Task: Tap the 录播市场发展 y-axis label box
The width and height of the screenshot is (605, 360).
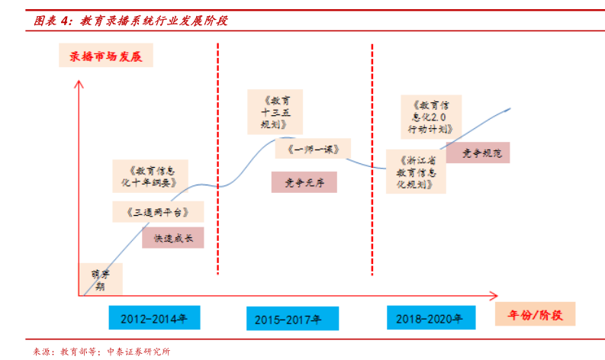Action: click(x=106, y=56)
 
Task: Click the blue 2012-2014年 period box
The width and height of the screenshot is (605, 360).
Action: click(x=153, y=317)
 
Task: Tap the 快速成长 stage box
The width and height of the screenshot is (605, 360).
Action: click(x=173, y=238)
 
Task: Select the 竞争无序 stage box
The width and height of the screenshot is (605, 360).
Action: click(x=304, y=182)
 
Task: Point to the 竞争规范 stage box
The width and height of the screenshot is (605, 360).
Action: click(x=478, y=153)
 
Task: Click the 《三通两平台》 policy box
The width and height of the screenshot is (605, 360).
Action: click(x=149, y=211)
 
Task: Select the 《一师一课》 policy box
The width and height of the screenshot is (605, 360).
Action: click(x=313, y=149)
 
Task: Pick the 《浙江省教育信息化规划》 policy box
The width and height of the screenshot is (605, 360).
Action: click(x=416, y=172)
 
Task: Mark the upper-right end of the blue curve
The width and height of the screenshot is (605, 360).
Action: click(x=510, y=108)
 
